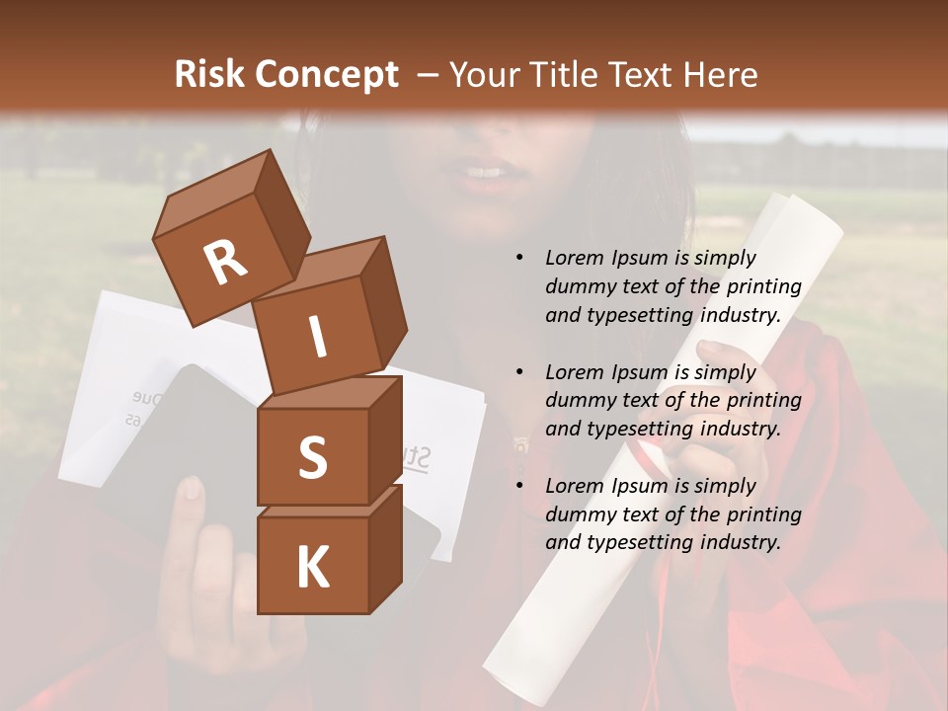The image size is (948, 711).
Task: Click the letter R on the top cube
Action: click(x=226, y=263)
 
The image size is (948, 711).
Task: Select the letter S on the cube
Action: click(x=312, y=458)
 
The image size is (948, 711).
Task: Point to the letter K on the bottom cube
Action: click(x=312, y=568)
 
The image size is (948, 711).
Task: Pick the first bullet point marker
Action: click(x=519, y=259)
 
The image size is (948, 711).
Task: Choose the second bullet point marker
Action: click(x=519, y=372)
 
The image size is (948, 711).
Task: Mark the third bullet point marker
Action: click(x=519, y=486)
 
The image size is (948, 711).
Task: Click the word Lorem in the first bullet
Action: click(x=572, y=258)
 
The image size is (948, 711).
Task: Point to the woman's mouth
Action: click(x=484, y=175)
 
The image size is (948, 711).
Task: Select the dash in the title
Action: click(x=429, y=75)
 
